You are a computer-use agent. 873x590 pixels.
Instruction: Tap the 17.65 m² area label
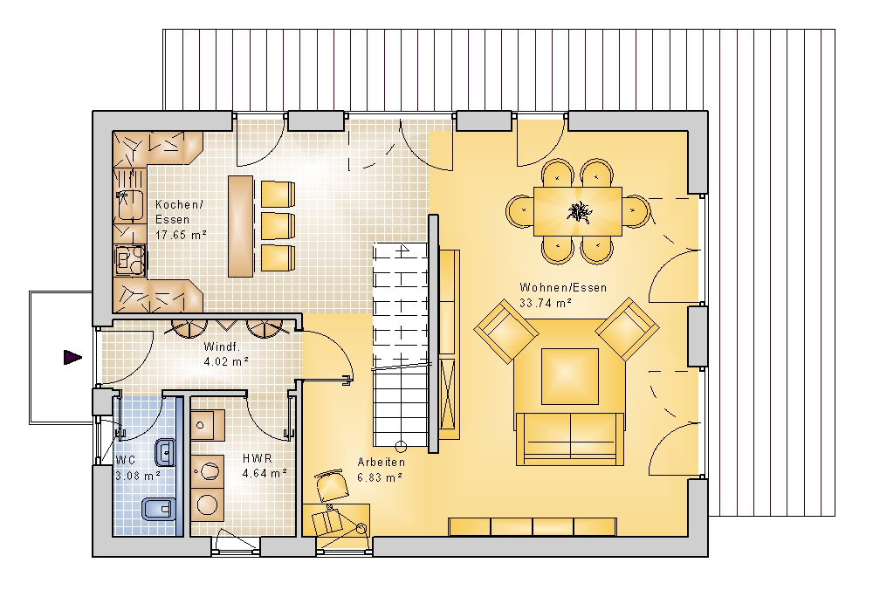pyautogui.click(x=181, y=235)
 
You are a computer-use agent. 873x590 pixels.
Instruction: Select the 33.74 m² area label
pyautogui.click(x=546, y=303)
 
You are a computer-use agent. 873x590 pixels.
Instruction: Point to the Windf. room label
pyautogui.click(x=222, y=346)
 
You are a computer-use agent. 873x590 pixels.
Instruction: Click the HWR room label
pyautogui.click(x=258, y=458)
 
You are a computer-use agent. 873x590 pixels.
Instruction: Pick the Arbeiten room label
pyautogui.click(x=381, y=462)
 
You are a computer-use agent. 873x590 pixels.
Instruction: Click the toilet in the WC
pyautogui.click(x=159, y=509)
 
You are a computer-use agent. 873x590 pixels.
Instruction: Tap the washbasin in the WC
pyautogui.click(x=165, y=452)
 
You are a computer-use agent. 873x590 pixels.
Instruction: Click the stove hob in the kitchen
pyautogui.click(x=130, y=258)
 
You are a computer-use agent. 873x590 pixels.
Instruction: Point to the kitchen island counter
pyautogui.click(x=241, y=226)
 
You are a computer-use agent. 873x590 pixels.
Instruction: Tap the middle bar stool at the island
pyautogui.click(x=278, y=226)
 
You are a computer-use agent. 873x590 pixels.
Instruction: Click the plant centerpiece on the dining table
pyautogui.click(x=578, y=212)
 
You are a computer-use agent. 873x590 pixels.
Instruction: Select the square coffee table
pyautogui.click(x=569, y=376)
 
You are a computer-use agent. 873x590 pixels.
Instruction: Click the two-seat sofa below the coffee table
pyautogui.click(x=569, y=439)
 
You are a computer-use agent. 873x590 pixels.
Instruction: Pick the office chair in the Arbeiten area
pyautogui.click(x=332, y=485)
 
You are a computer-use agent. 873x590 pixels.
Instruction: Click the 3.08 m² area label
pyautogui.click(x=138, y=476)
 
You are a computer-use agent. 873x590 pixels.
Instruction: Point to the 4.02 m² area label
pyautogui.click(x=226, y=361)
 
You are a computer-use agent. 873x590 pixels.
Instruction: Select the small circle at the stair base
pyautogui.click(x=401, y=446)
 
